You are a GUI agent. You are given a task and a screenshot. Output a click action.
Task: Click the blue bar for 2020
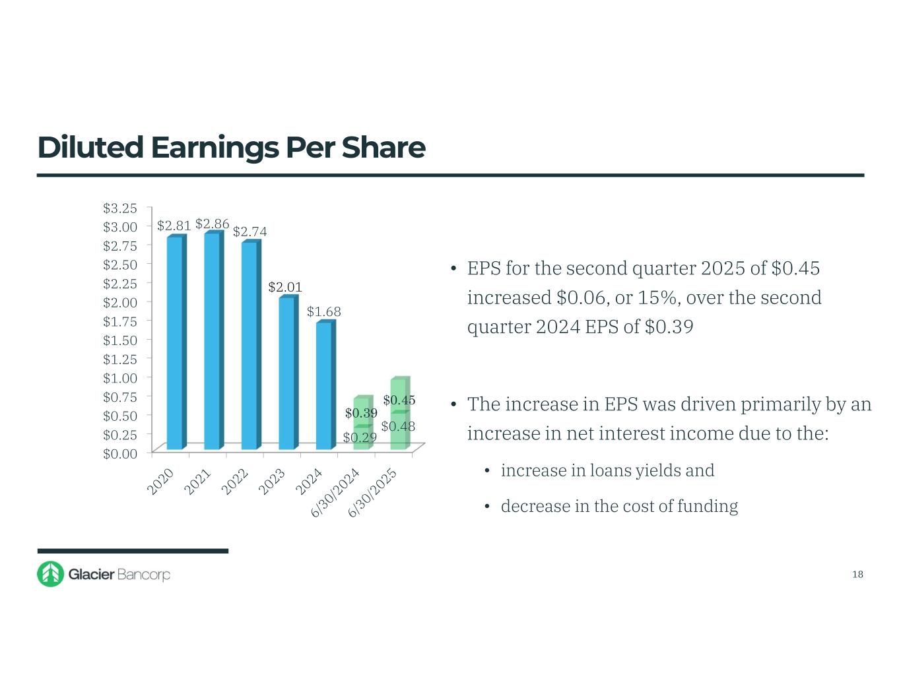[x=175, y=343]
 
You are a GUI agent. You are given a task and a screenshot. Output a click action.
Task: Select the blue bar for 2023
[x=287, y=373]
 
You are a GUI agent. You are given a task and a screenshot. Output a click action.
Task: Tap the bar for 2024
[x=324, y=386]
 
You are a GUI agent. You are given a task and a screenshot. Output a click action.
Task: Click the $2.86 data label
[x=212, y=224]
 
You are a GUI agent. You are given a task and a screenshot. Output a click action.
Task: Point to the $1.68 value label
[x=323, y=311]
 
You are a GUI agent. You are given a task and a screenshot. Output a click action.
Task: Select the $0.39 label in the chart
[x=361, y=413]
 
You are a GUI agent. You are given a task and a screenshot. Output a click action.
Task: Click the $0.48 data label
[x=398, y=426]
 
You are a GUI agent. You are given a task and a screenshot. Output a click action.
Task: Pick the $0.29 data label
[x=360, y=437]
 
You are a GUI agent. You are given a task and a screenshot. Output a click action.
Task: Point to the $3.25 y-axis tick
[x=120, y=208]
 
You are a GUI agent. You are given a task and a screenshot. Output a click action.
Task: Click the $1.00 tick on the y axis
[x=120, y=378]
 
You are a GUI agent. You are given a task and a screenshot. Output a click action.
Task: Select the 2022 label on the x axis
[x=235, y=481]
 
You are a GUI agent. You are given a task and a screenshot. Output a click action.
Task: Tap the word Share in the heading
[x=384, y=147]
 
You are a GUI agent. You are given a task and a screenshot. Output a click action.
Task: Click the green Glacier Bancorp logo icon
[x=50, y=574]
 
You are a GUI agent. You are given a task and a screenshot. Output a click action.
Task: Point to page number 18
[x=857, y=574]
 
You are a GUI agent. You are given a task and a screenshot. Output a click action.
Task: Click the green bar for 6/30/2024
[x=362, y=425]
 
